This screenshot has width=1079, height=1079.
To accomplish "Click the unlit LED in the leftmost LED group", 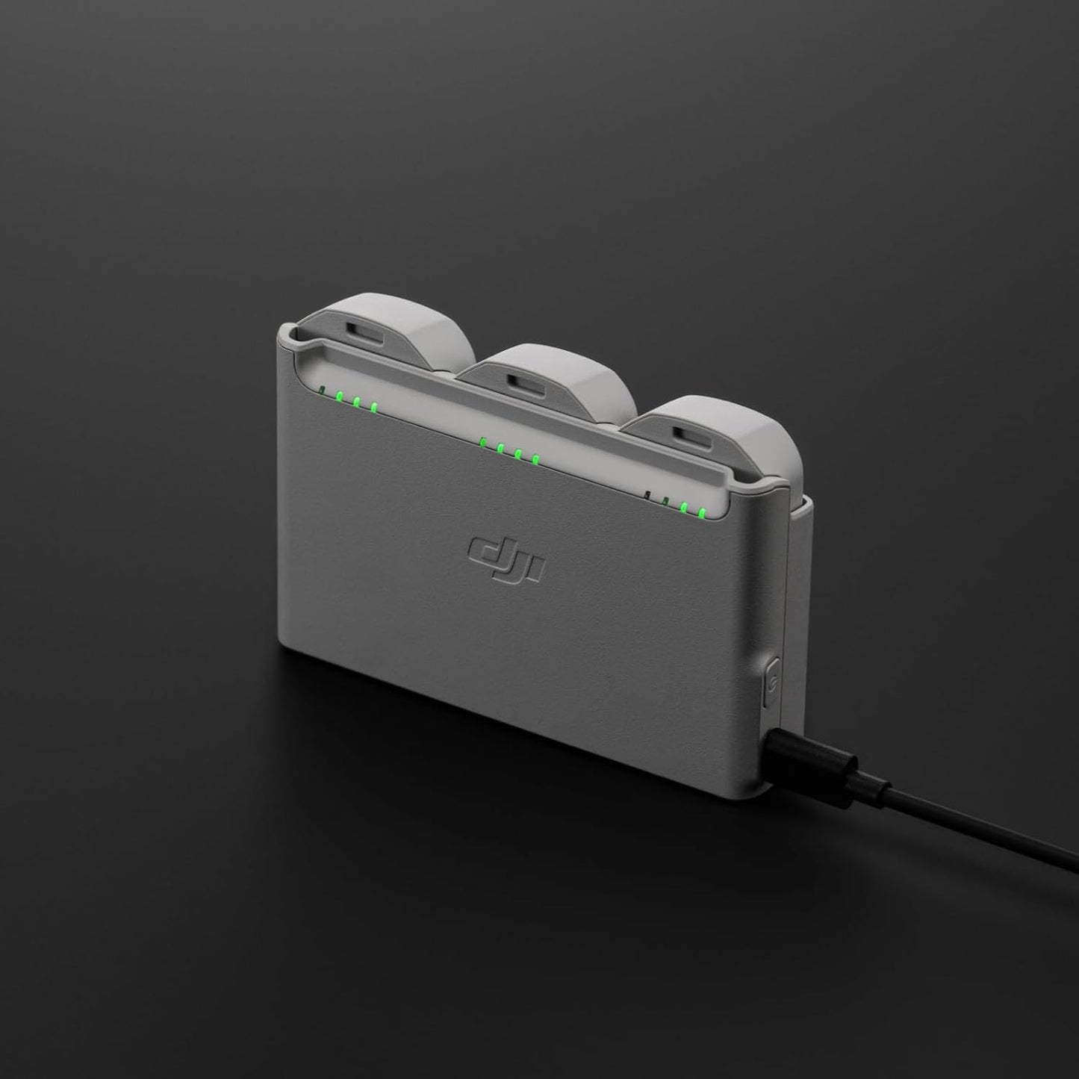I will [x=321, y=390].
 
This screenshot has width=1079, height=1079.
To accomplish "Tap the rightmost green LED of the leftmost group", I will [x=373, y=408].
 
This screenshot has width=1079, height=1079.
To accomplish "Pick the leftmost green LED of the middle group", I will [x=483, y=441].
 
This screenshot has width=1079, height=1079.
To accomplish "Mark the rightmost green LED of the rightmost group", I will [x=702, y=512].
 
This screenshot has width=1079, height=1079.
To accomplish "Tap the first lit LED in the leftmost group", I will [x=339, y=397].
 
